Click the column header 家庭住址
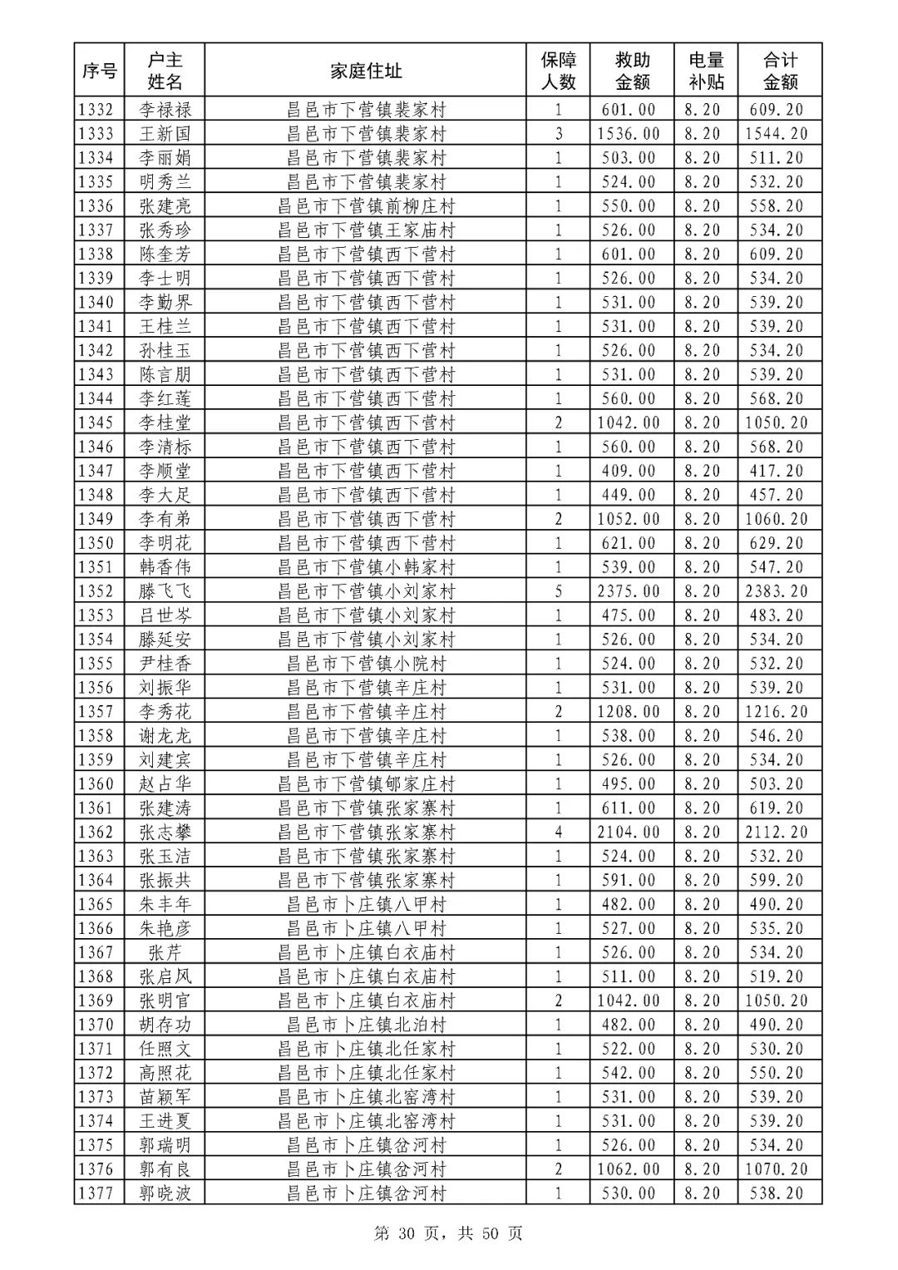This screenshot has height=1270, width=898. tap(365, 71)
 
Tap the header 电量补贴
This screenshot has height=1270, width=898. tap(706, 71)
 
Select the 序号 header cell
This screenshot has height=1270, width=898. tap(99, 71)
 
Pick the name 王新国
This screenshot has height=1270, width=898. tap(165, 133)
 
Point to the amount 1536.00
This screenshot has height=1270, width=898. tap(629, 133)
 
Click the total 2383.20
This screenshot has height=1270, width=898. tap(776, 591)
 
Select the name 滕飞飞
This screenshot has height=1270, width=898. tap(165, 591)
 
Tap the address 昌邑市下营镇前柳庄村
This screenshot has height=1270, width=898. tap(366, 205)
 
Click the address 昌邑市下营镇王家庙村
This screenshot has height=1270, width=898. tap(366, 230)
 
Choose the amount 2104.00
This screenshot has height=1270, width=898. tap(629, 832)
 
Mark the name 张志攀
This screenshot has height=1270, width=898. tap(165, 832)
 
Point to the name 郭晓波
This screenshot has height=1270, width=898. tap(165, 1193)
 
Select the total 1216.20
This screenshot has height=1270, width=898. tap(776, 712)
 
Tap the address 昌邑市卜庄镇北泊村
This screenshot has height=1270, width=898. tap(366, 1025)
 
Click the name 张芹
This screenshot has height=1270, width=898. tap(165, 952)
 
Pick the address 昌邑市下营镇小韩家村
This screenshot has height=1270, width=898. tap(366, 567)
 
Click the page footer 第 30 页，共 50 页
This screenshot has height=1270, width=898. tap(448, 1233)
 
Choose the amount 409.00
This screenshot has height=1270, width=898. tap(629, 471)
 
